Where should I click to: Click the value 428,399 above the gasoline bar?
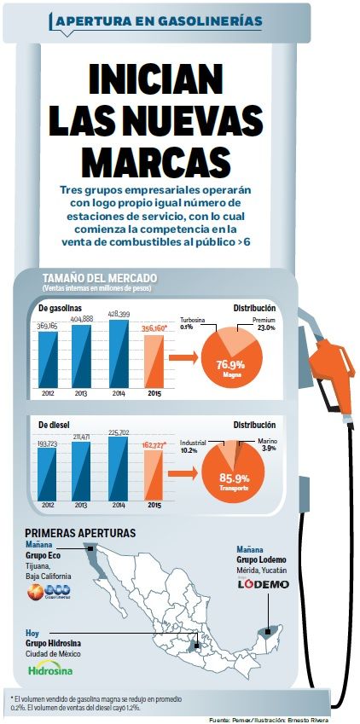coord(118,314)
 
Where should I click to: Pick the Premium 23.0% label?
coord(261,324)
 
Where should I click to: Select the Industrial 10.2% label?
coord(194,448)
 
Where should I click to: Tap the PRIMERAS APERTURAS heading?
coord(80,533)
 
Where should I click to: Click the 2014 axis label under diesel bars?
coord(117,505)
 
